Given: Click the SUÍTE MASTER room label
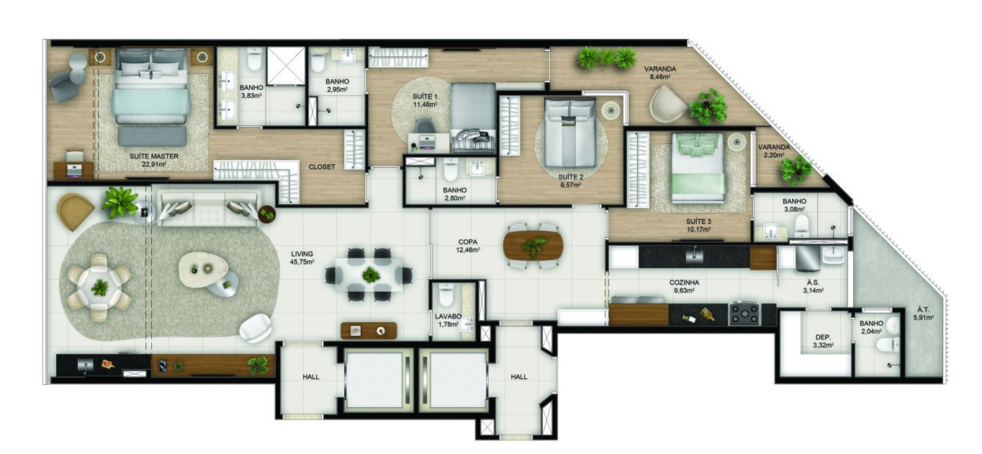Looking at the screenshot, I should point(153,156).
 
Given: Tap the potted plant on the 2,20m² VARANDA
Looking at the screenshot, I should point(796,170).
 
